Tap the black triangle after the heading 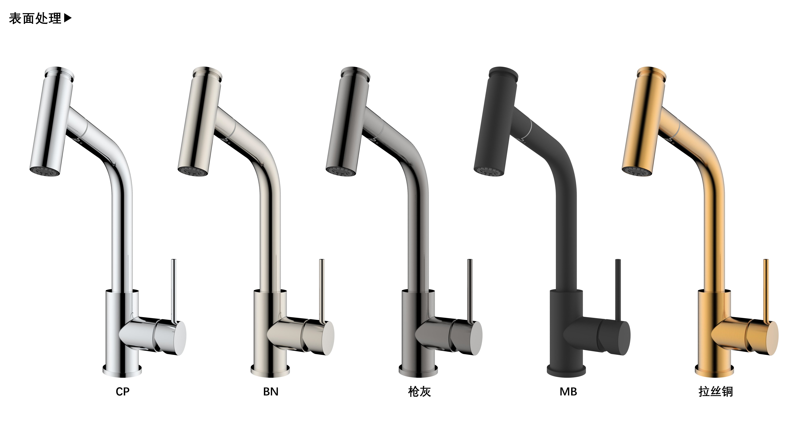(68, 18)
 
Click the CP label (123, 392)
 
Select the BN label (271, 392)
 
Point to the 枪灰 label (419, 392)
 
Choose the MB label (568, 392)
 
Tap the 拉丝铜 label (716, 392)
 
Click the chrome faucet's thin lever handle (174, 291)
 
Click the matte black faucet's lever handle (618, 291)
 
